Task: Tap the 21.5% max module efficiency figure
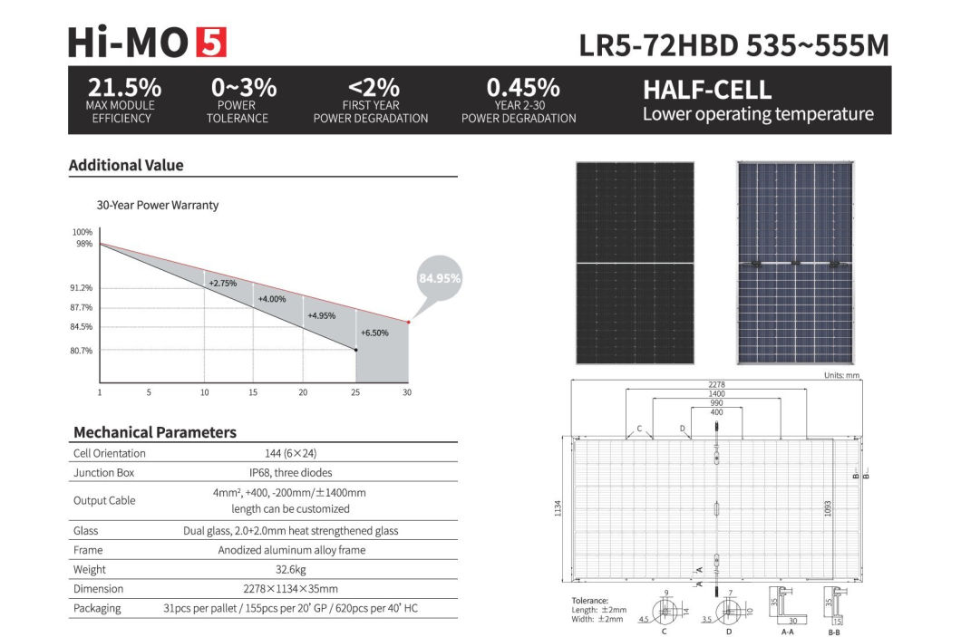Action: tap(124, 88)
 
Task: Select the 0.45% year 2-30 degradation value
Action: tap(523, 88)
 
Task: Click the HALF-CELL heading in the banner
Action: tap(707, 91)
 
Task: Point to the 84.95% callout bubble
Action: tap(440, 278)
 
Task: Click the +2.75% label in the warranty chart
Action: tap(222, 284)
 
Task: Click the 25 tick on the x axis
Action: tap(355, 392)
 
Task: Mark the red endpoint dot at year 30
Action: tap(409, 322)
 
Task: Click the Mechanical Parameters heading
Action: tap(154, 432)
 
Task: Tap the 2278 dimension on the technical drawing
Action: tap(716, 384)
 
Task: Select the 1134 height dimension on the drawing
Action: tap(558, 509)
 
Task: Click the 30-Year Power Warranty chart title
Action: tap(158, 205)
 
